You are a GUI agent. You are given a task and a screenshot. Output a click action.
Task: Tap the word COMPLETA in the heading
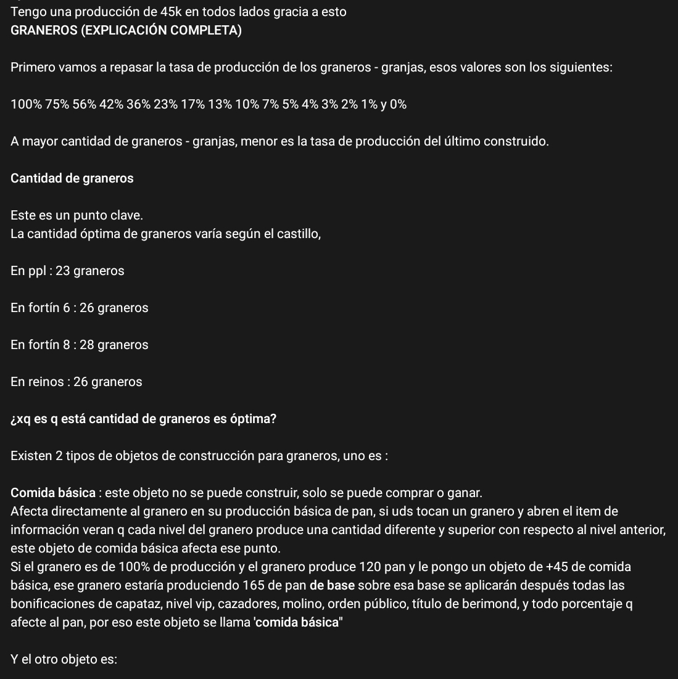click(208, 30)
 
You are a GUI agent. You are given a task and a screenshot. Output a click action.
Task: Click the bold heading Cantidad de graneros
click(72, 178)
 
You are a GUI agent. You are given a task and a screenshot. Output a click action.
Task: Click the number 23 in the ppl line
click(63, 271)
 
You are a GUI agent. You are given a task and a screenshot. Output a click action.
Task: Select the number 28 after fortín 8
click(87, 345)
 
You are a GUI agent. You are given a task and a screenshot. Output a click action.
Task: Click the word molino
click(295, 604)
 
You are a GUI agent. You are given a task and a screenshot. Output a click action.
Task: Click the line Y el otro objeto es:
click(64, 659)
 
